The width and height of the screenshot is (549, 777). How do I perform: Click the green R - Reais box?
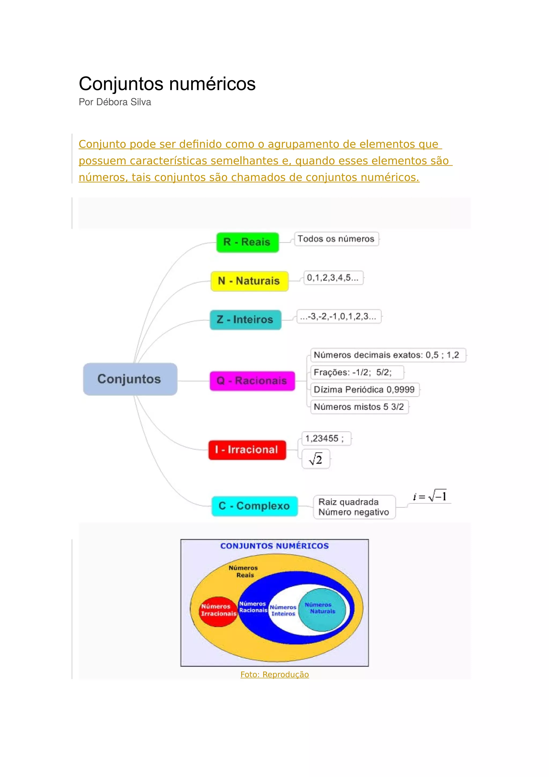point(247,242)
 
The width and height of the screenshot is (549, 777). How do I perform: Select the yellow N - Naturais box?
point(249,281)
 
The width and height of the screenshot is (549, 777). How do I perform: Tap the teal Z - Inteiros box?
point(245,320)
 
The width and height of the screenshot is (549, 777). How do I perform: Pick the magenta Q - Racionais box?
point(252,381)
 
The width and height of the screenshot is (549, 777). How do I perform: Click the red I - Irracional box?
point(247,450)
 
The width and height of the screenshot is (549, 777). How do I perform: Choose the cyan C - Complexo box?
point(254,506)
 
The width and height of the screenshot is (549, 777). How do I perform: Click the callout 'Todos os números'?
point(336,239)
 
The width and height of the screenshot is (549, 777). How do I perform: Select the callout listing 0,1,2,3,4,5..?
point(333,278)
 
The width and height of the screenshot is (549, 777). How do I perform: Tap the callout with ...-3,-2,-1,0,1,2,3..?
point(339,316)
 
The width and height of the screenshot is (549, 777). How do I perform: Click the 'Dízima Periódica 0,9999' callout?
point(364,390)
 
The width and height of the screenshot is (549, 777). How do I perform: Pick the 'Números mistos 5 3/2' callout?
point(359,407)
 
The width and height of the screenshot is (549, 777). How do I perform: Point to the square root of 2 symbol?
point(316,459)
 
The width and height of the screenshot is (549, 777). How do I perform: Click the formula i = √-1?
point(430,497)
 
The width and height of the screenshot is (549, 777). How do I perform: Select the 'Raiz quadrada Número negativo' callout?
point(354,507)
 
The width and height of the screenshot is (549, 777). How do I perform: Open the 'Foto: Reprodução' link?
point(274,675)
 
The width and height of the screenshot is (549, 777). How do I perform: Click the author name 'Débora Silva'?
point(124,102)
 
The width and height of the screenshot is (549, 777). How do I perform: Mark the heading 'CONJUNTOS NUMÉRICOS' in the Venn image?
point(274,546)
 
